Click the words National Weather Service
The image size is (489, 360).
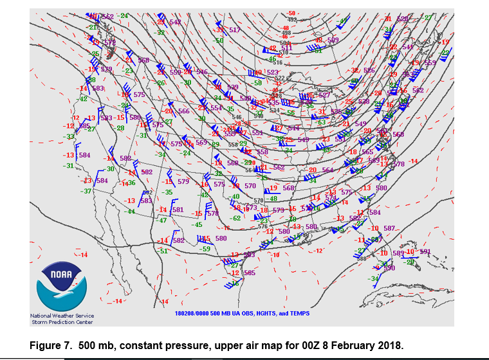[x=62, y=316]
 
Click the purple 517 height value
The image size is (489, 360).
[x=234, y=30]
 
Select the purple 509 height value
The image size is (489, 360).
[x=333, y=40]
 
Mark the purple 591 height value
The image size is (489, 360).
[x=425, y=251]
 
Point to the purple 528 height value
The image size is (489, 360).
[x=403, y=19]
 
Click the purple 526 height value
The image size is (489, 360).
[x=369, y=70]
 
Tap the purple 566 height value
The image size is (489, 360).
[x=184, y=111]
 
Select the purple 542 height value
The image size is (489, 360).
[x=175, y=22]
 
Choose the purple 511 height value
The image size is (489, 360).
[x=286, y=47]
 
